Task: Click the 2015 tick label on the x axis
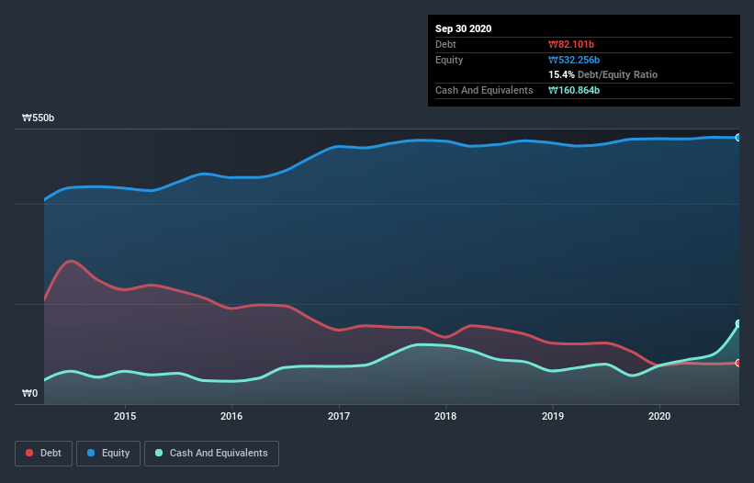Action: click(x=125, y=416)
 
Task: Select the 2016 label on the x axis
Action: click(x=231, y=416)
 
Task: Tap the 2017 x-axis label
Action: click(x=339, y=416)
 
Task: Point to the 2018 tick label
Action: click(x=445, y=416)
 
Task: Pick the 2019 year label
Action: click(x=553, y=416)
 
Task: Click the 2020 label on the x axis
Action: click(x=659, y=416)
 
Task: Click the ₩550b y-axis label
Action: click(x=39, y=118)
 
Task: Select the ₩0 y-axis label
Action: click(x=31, y=394)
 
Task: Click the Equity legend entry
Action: click(x=108, y=453)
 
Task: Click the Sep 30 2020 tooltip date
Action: click(x=464, y=28)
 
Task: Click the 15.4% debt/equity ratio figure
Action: click(x=560, y=74)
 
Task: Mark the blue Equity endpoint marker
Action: click(x=738, y=138)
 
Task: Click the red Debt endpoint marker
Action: click(x=738, y=363)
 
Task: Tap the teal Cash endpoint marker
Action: click(x=738, y=323)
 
